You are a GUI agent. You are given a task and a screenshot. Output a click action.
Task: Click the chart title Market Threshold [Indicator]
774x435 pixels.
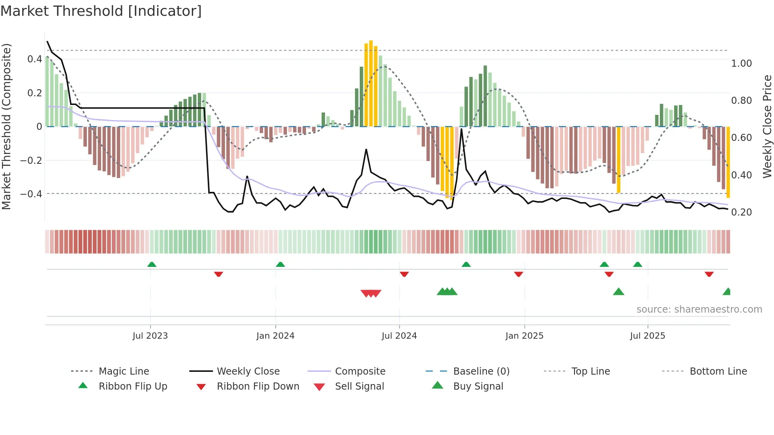(101, 11)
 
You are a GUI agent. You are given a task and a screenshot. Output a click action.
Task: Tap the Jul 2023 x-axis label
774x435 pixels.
(150, 336)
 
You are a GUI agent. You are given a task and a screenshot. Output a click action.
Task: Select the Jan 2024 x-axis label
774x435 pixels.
(275, 336)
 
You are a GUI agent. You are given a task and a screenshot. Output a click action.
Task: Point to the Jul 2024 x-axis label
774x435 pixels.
(399, 336)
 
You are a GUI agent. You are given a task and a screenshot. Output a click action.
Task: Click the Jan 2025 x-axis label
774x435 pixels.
(524, 336)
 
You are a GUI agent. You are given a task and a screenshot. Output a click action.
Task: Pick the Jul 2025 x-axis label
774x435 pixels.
(647, 336)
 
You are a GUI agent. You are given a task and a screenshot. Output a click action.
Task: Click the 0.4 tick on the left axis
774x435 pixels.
(35, 59)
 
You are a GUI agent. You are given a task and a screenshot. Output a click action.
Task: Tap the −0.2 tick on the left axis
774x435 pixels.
(31, 160)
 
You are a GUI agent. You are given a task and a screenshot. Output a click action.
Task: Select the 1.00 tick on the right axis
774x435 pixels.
(741, 64)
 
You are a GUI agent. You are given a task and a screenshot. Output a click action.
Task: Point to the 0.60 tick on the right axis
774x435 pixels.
(741, 138)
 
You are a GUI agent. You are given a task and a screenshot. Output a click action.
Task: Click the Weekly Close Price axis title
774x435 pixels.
(767, 126)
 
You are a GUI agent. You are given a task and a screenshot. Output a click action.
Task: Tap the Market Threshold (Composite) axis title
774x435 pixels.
(6, 126)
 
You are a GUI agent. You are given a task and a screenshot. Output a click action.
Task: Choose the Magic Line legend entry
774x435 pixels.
(124, 371)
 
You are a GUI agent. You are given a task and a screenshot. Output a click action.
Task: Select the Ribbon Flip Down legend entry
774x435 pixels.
(257, 386)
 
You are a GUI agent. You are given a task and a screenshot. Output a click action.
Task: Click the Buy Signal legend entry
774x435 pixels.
(478, 386)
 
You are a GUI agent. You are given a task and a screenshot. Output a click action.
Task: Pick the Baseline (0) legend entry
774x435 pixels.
(481, 371)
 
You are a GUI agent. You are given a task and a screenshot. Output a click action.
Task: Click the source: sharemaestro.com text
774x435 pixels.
(699, 309)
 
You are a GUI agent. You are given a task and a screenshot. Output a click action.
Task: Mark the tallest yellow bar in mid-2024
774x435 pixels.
(371, 83)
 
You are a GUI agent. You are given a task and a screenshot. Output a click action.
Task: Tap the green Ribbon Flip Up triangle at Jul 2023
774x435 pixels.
(152, 264)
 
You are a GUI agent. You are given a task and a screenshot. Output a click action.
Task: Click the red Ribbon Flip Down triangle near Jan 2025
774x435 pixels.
(519, 274)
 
